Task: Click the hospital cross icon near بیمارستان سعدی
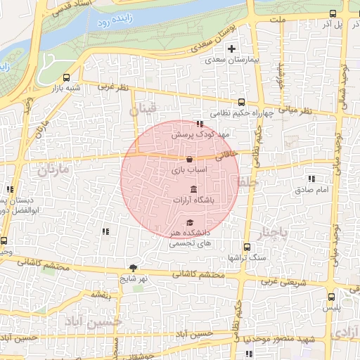231,49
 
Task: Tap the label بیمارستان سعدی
233,60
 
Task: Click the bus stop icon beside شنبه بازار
66,78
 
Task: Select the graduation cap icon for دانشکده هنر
189,222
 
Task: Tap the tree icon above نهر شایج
134,267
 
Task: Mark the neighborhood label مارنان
56,169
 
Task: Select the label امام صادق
308,190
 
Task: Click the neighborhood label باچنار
271,232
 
